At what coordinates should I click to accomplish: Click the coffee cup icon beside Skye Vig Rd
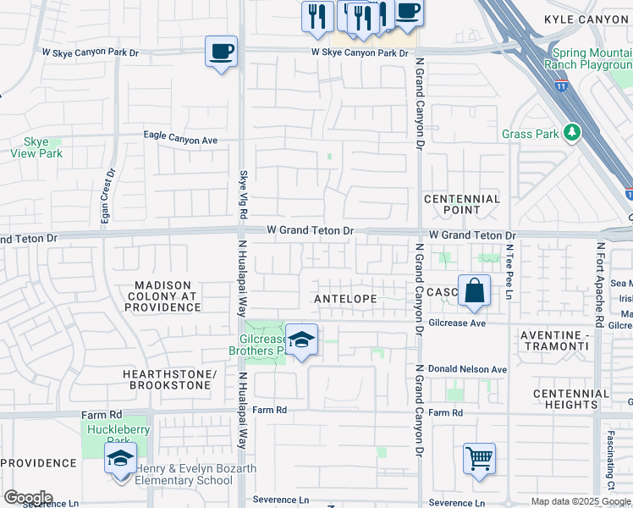[x=221, y=52]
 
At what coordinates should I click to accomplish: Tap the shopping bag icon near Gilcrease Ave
[x=475, y=291]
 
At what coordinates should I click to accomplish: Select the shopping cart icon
[x=479, y=460]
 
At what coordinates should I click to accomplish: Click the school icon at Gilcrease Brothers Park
[x=301, y=340]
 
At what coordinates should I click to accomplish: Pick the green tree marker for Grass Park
[x=573, y=132]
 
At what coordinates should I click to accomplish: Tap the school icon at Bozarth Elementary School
[x=120, y=460]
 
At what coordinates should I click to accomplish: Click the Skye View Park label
[x=37, y=148]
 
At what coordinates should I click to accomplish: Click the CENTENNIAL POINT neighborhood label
[x=462, y=204]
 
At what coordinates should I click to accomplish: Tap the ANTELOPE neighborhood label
[x=344, y=299]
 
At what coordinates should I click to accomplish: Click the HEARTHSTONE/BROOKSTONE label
[x=170, y=379]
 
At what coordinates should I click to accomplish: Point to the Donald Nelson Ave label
[x=467, y=369]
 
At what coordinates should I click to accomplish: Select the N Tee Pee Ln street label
[x=510, y=272]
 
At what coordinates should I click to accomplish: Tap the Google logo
[x=28, y=498]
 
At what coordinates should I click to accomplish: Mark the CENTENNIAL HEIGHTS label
[x=571, y=399]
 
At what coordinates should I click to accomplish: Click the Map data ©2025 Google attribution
[x=581, y=501]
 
